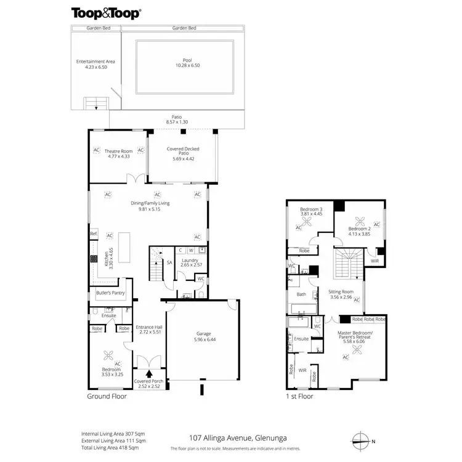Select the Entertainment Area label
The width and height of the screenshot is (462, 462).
[x=95, y=62]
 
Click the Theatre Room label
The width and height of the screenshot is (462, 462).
[x=118, y=151]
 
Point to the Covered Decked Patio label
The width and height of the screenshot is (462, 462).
[x=183, y=148]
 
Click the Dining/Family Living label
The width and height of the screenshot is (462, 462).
[x=150, y=203]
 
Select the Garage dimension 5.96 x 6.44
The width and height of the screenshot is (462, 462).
[x=203, y=339]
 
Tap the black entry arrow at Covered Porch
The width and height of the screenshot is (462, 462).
[x=148, y=373]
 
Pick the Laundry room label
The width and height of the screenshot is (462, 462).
[x=189, y=260]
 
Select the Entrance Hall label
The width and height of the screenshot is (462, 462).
[x=148, y=327]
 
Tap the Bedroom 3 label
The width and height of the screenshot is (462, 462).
[x=311, y=210]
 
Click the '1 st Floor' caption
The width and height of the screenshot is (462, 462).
[x=300, y=397]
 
